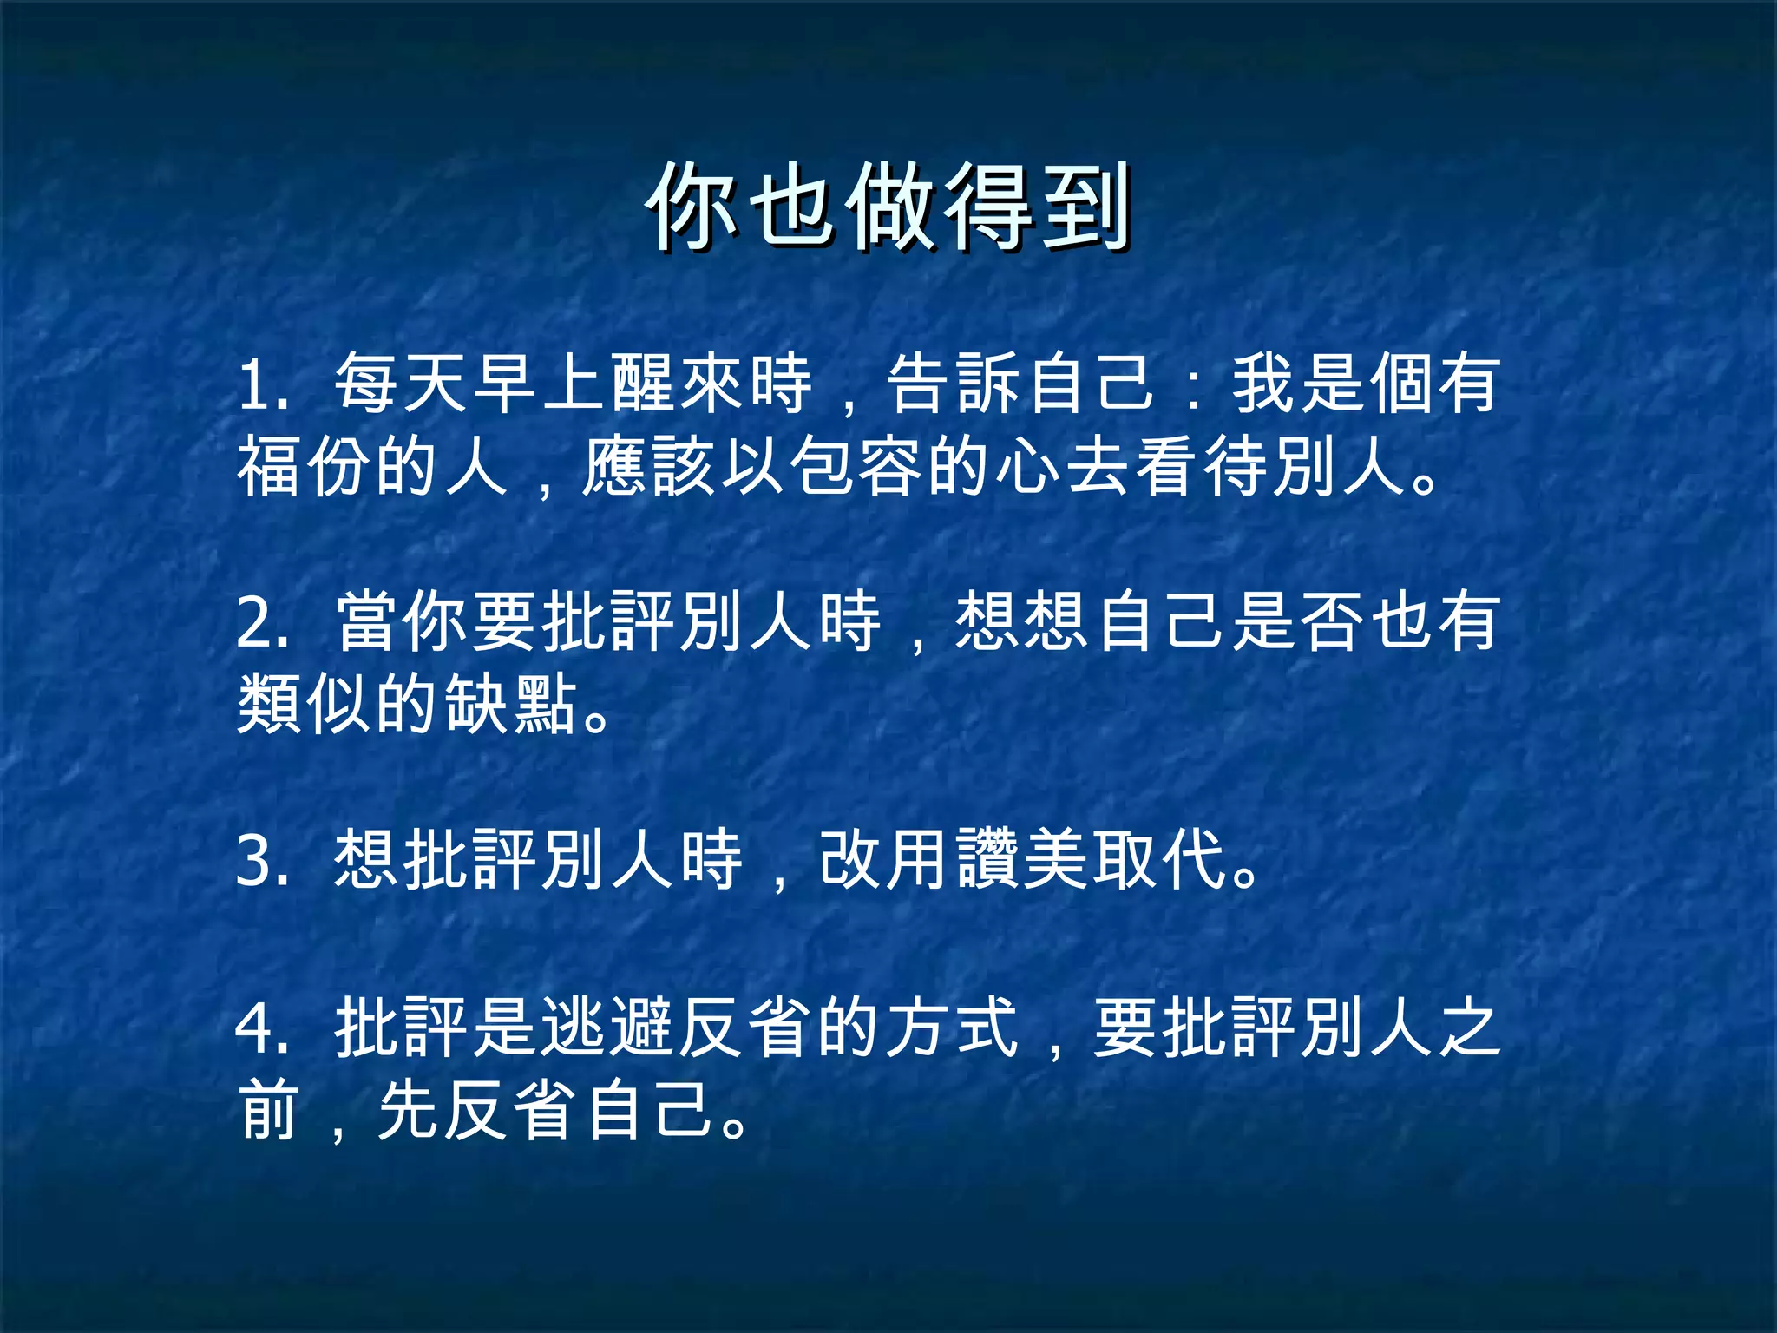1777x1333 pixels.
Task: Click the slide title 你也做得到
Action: pyautogui.click(x=888, y=207)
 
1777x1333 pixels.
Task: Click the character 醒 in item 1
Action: pyautogui.click(x=644, y=384)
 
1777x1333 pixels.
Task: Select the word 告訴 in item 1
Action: pyautogui.click(x=954, y=384)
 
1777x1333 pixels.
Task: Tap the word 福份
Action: pyautogui.click(x=304, y=468)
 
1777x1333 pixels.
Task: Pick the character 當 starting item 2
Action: pyautogui.click(x=368, y=622)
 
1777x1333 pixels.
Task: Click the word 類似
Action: pyautogui.click(x=304, y=704)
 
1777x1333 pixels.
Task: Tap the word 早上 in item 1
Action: pyautogui.click(x=541, y=384)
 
